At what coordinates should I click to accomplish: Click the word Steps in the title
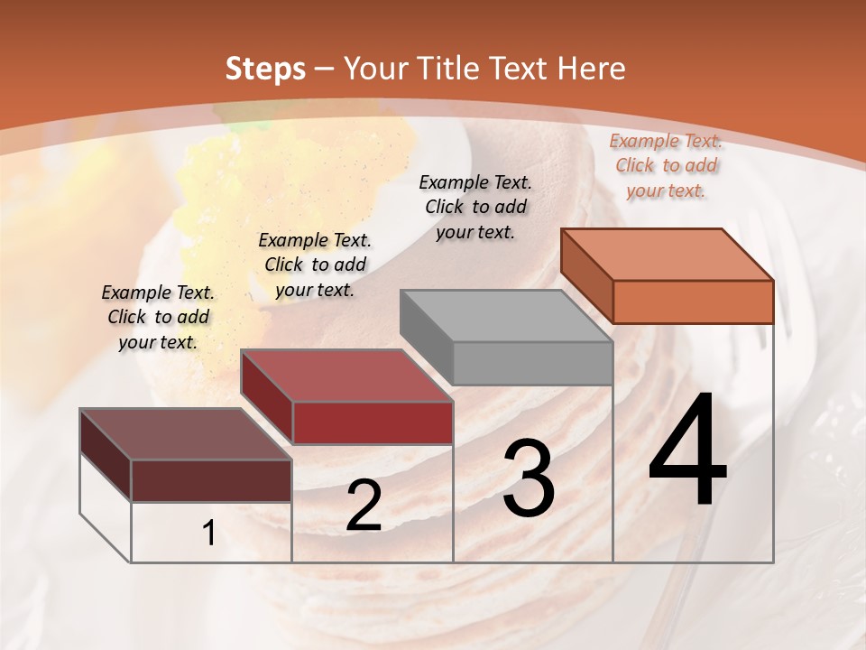point(265,69)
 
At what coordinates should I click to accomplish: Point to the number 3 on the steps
point(528,478)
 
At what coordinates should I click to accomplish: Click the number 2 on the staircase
point(364,506)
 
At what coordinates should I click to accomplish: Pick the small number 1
point(209,534)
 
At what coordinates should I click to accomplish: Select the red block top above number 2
point(346,376)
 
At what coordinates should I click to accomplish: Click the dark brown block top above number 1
point(186,434)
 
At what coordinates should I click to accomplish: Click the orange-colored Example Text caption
point(666,165)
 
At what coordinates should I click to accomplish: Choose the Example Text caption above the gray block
point(475,207)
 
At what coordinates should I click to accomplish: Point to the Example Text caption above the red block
point(315,265)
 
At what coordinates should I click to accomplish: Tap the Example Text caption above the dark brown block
point(158,317)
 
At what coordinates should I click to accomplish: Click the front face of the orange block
point(693,302)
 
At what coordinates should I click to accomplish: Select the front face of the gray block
point(532,363)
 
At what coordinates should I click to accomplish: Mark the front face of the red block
point(373,422)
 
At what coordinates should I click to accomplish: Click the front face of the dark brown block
point(211,480)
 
